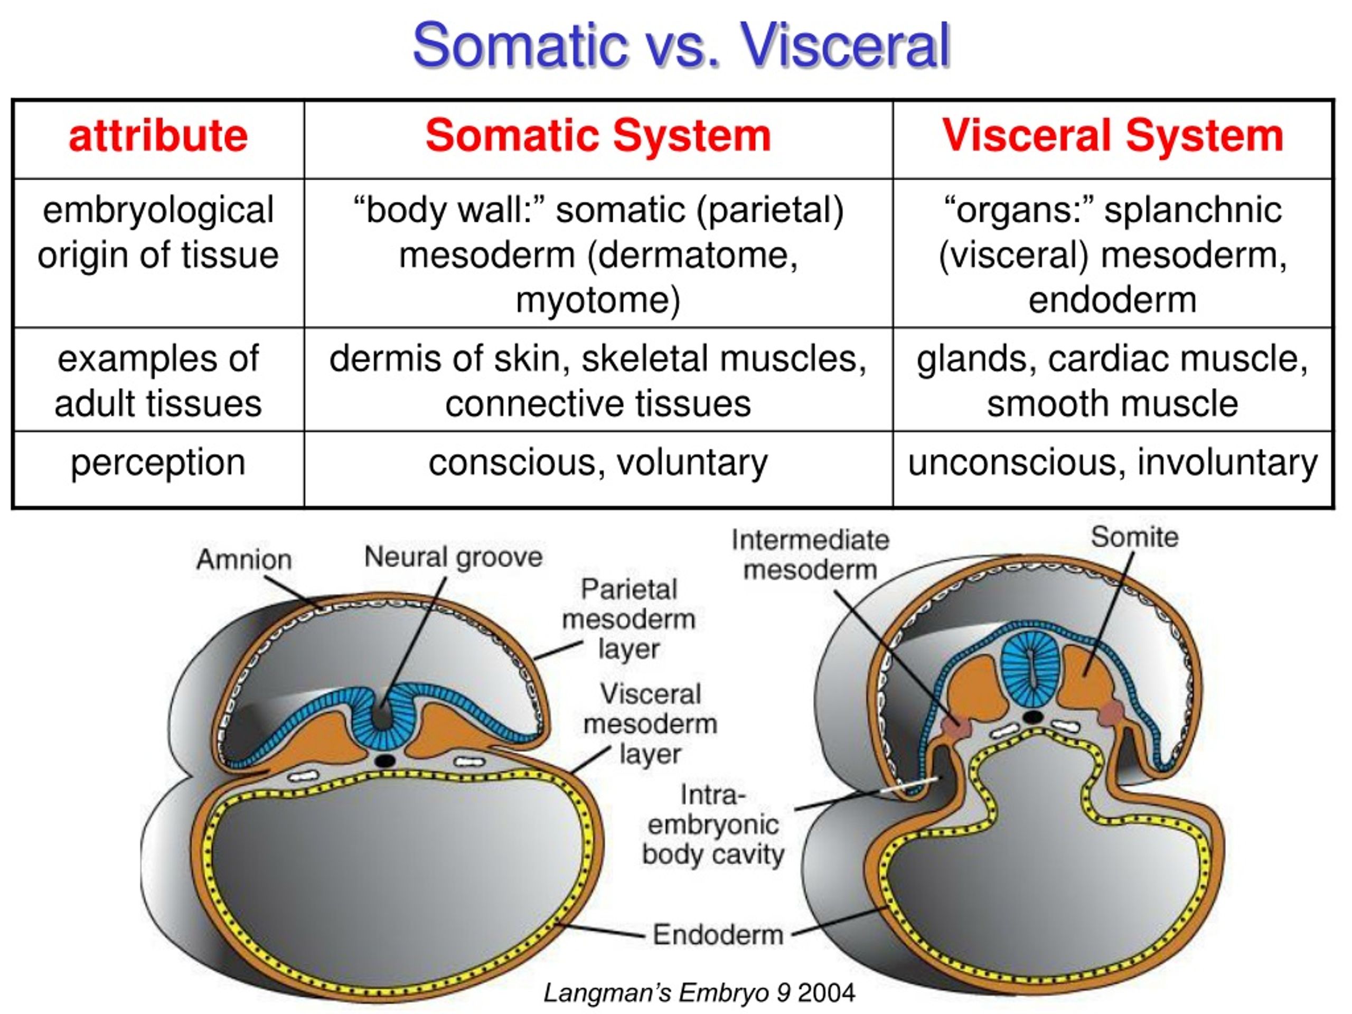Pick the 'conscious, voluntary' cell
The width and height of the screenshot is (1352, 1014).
pyautogui.click(x=598, y=463)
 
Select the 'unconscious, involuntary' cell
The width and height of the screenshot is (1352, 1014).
pyautogui.click(x=1112, y=463)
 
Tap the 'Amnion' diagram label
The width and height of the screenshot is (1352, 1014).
pyautogui.click(x=244, y=559)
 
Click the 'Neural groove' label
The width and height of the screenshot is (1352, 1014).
pyautogui.click(x=453, y=557)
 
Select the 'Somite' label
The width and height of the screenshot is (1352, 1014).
pyautogui.click(x=1134, y=537)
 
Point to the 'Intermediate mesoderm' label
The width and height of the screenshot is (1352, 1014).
pyautogui.click(x=811, y=555)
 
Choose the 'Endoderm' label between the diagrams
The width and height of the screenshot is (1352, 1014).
pyautogui.click(x=718, y=935)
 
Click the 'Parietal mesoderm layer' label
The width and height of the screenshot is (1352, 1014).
pyautogui.click(x=628, y=618)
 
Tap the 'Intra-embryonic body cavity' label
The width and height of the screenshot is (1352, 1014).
pyautogui.click(x=712, y=825)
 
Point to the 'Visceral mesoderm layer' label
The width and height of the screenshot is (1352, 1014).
pyautogui.click(x=650, y=724)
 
